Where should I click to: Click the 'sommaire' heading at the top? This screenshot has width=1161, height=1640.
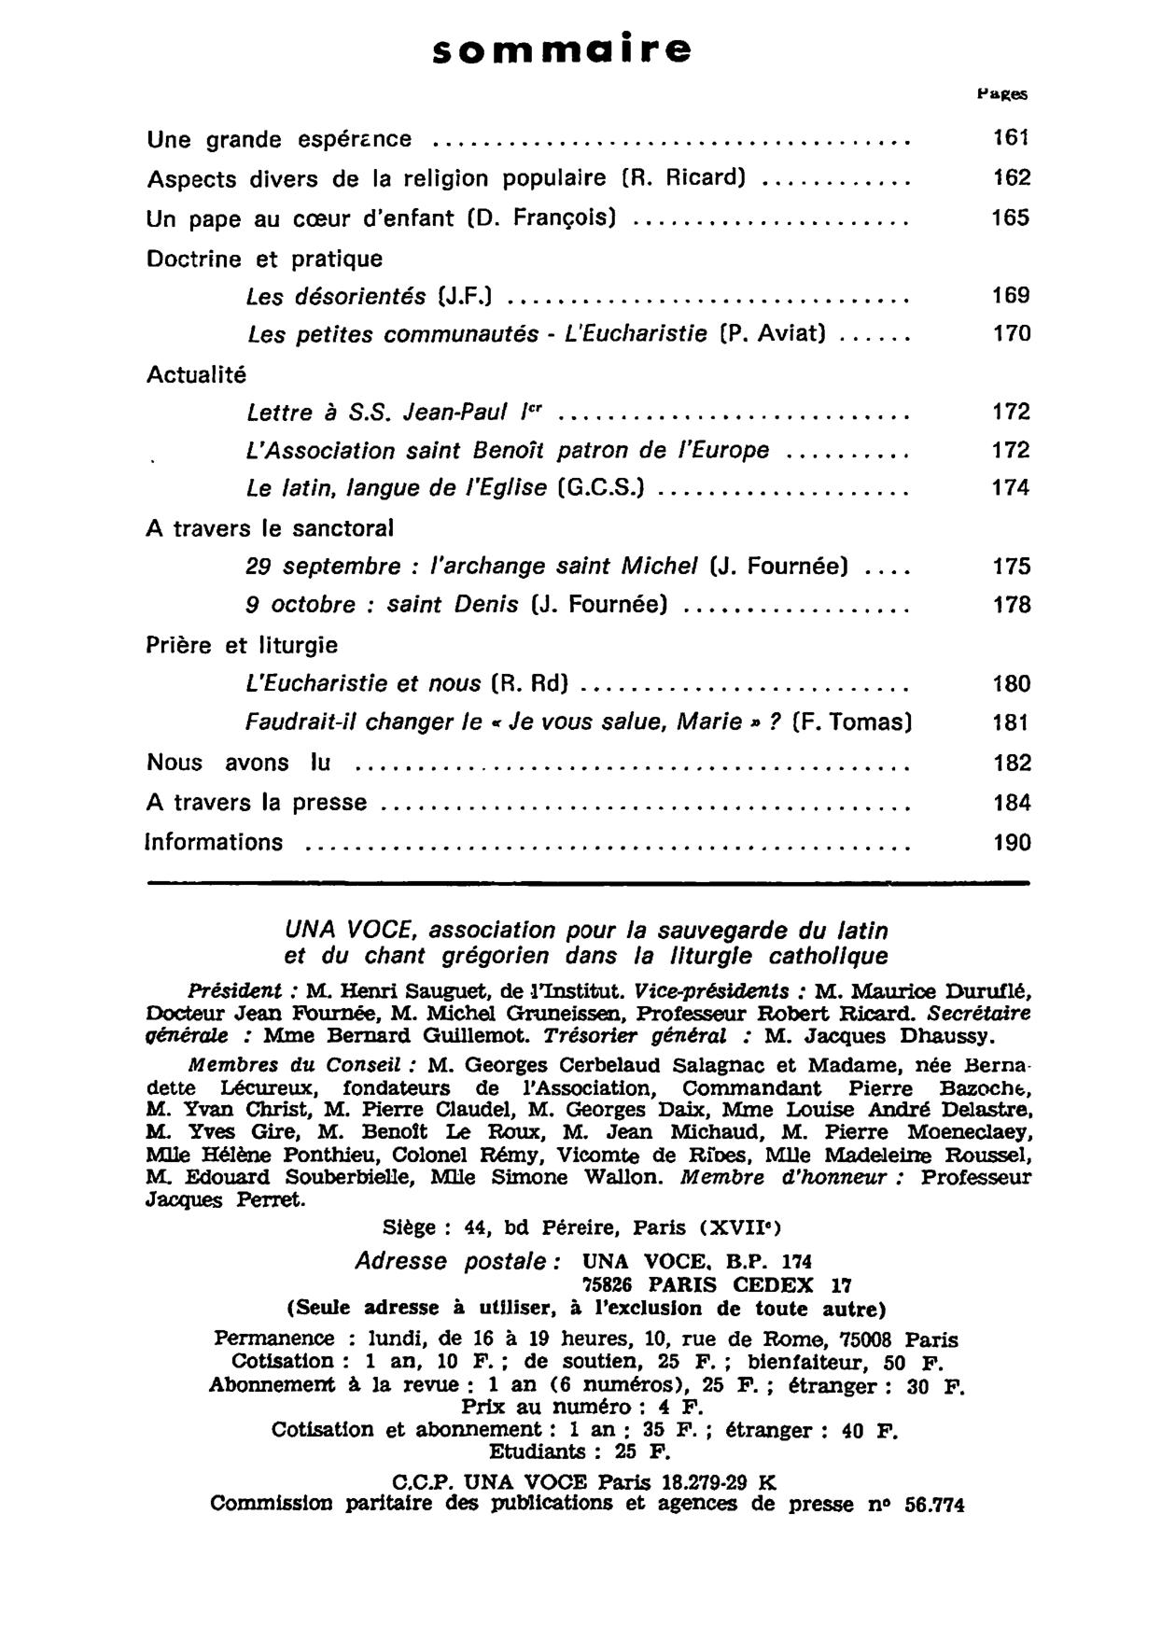tap(563, 49)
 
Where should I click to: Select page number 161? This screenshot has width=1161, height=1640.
tap(1011, 138)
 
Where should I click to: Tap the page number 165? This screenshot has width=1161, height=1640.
tap(1011, 217)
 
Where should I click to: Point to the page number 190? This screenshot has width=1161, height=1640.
tap(1012, 843)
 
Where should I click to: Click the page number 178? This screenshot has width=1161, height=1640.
tap(1012, 606)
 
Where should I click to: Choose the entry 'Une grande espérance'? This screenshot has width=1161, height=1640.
tap(279, 140)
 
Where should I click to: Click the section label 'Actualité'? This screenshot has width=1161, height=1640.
tap(197, 375)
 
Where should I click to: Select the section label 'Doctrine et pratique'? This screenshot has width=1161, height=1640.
tap(264, 259)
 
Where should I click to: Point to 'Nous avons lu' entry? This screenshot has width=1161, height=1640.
tap(239, 764)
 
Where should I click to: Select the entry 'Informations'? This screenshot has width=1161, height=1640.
tap(215, 843)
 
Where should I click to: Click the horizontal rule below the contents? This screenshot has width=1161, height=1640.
tap(588, 881)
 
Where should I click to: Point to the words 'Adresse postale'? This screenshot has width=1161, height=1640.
tap(456, 1262)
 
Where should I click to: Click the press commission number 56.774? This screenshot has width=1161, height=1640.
tap(934, 1505)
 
